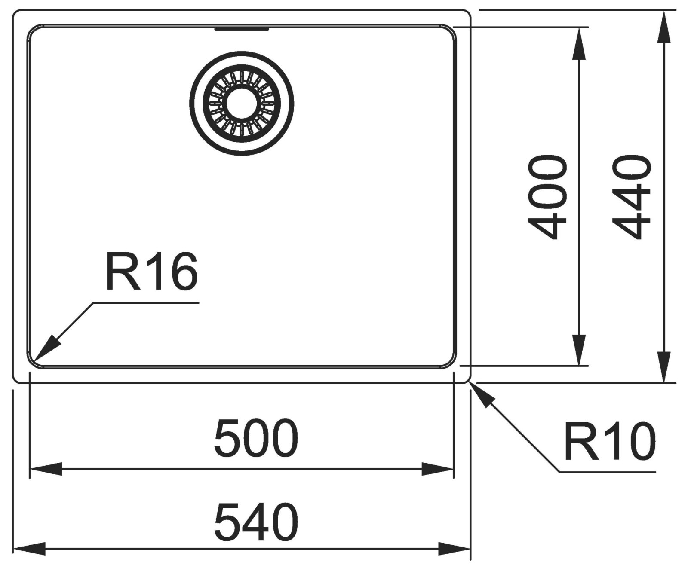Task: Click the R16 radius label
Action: tap(151, 272)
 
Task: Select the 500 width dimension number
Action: tap(256, 439)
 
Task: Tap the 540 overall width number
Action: tap(256, 523)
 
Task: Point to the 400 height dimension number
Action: tap(547, 198)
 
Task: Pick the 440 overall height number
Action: tap(631, 198)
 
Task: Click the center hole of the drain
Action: tap(241, 104)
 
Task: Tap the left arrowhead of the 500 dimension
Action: tap(45, 469)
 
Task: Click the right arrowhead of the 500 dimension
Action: tap(438, 469)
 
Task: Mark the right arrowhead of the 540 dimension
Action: tap(454, 549)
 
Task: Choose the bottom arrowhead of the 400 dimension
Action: tap(579, 350)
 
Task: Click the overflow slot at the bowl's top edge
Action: tap(242, 29)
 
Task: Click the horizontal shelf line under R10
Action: tap(606, 472)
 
